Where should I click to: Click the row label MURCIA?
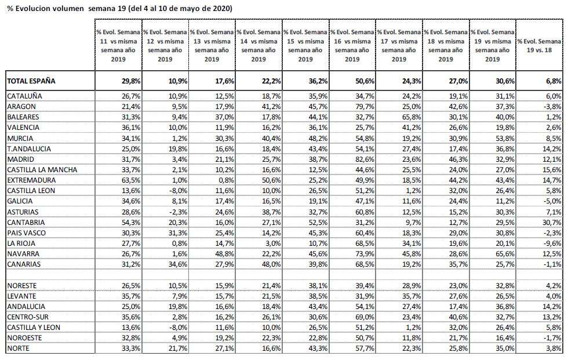tap(20, 139)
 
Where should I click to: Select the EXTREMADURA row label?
tap(31, 180)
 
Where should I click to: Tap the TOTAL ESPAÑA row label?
tap(31, 81)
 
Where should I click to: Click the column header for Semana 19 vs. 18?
tap(540, 46)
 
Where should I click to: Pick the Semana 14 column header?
tap(258, 46)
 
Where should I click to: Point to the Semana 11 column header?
tap(118, 46)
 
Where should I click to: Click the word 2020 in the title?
tap(221, 8)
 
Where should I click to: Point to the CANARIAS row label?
tap(24, 264)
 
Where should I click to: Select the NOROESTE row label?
tap(24, 338)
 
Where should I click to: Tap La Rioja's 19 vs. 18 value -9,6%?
tap(552, 243)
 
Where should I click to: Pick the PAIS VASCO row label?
tap(27, 233)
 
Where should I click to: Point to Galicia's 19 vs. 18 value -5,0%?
tap(552, 201)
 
